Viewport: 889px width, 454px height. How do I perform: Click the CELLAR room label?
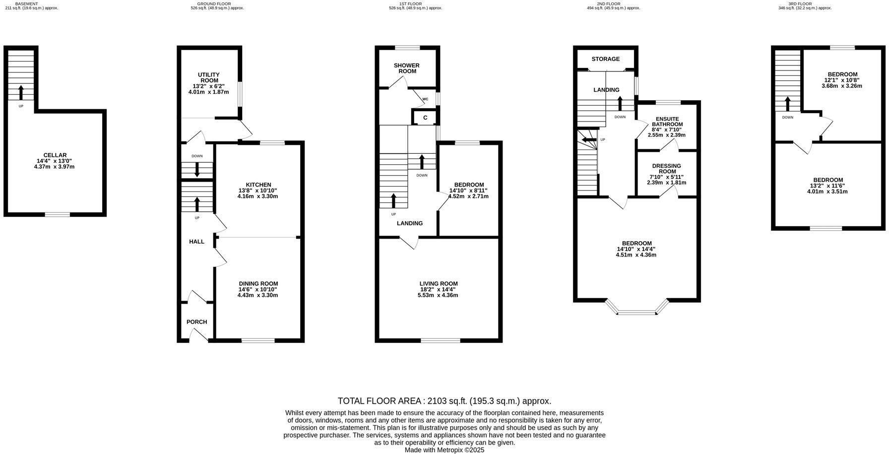(55, 155)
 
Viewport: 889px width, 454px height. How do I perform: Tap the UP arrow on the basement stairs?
(21, 93)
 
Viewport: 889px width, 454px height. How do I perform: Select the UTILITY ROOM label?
(209, 77)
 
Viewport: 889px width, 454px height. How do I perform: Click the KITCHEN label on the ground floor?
(258, 185)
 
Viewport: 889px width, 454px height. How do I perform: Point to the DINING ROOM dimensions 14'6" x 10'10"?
(258, 289)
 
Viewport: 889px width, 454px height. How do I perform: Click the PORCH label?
(196, 322)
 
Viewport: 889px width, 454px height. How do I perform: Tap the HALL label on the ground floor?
(196, 242)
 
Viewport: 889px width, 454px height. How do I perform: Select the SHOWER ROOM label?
(406, 68)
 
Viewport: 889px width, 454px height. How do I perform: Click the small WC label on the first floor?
(425, 99)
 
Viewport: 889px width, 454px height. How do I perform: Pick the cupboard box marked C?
(425, 118)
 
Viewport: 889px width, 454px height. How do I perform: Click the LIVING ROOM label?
(438, 284)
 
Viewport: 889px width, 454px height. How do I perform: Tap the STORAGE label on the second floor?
(605, 59)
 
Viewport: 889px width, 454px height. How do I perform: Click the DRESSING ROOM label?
(666, 169)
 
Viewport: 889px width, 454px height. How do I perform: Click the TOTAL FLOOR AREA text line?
(444, 401)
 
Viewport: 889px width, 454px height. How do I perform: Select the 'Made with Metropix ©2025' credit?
(444, 450)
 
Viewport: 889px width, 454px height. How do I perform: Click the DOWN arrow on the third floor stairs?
(787, 104)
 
